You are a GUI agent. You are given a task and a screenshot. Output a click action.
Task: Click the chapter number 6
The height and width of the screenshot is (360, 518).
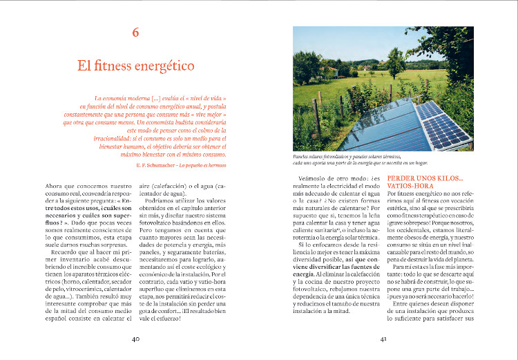(x=135, y=32)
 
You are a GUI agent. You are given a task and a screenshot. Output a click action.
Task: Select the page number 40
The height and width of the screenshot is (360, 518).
(x=135, y=339)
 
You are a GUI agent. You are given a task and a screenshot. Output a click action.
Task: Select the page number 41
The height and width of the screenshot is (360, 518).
(x=383, y=339)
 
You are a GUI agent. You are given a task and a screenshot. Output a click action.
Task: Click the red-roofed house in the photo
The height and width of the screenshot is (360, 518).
(x=329, y=69)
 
